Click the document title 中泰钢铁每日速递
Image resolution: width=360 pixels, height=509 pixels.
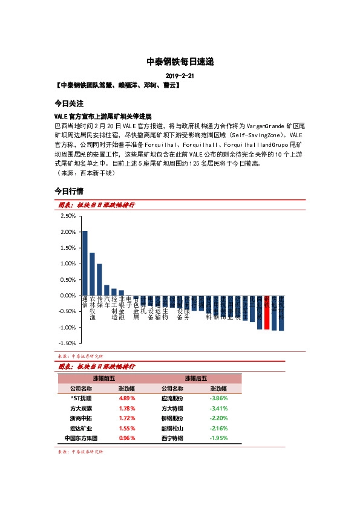coord(180,62)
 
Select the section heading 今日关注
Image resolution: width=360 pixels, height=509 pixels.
coord(68,103)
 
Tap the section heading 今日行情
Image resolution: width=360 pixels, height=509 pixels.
coord(68,191)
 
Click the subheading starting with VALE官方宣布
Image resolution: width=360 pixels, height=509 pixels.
coord(102,115)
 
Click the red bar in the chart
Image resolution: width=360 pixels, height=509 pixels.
coord(267,313)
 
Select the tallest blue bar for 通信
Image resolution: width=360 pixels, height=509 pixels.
coord(85,263)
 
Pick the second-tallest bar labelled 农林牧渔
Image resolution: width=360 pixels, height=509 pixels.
coord(92,274)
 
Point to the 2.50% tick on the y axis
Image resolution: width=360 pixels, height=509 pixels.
coord(68,216)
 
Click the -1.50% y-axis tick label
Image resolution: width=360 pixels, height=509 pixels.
coord(67,343)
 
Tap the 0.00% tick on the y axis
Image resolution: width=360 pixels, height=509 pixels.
coord(68,296)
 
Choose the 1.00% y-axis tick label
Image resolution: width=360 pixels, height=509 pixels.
coord(68,264)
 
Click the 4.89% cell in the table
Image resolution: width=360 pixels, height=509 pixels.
coord(127,399)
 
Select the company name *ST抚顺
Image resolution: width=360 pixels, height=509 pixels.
coord(81,399)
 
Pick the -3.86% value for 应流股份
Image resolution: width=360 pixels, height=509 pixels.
coord(218,399)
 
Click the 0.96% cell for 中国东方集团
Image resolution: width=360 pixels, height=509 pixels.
coord(127,438)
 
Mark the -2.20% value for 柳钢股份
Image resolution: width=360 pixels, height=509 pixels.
coord(218,418)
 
